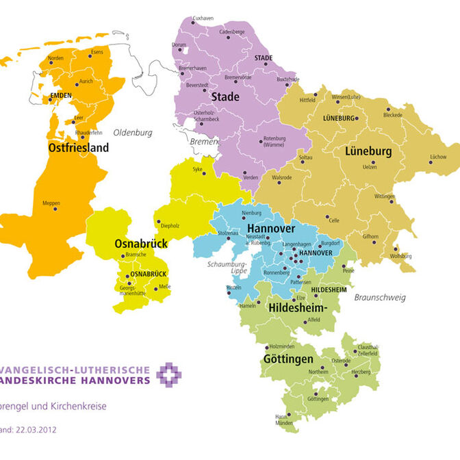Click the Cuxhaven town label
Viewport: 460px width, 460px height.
tap(203, 17)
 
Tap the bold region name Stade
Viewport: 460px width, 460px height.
tap(225, 97)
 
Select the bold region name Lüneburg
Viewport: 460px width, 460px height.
tap(368, 151)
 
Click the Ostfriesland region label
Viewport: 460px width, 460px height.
tap(79, 146)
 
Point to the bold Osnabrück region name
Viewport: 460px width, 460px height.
tap(141, 243)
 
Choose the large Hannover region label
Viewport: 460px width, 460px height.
tap(270, 228)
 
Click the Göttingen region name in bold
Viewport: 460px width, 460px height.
tap(287, 359)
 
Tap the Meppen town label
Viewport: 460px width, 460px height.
tap(51, 203)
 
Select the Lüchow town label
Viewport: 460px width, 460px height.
tap(437, 157)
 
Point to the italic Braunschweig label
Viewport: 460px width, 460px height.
tap(380, 297)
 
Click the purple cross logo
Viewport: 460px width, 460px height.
tap(169, 375)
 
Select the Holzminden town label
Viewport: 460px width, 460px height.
tap(283, 347)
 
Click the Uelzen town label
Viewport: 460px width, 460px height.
tap(370, 167)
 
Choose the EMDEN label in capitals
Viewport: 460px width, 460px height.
tap(60, 97)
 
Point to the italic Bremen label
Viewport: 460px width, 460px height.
tap(205, 141)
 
